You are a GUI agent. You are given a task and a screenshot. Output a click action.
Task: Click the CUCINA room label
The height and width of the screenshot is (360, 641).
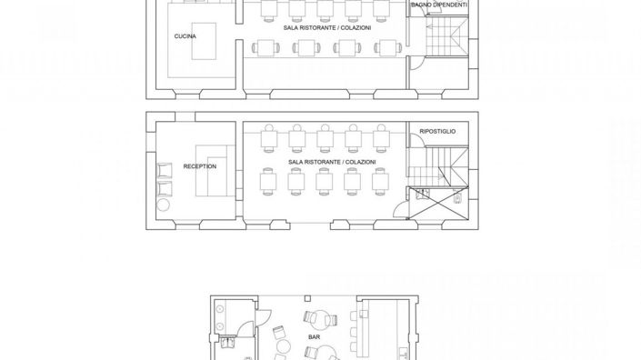(x=185, y=35)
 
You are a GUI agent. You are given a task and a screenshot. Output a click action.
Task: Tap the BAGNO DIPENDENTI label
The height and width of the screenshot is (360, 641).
(x=438, y=5)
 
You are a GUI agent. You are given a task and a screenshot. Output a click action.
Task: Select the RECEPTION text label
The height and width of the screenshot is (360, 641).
(x=199, y=166)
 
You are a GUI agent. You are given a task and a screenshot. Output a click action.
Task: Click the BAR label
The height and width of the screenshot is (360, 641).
(x=314, y=336)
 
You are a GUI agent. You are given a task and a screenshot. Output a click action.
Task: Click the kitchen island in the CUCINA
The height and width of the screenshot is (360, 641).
(x=204, y=41)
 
